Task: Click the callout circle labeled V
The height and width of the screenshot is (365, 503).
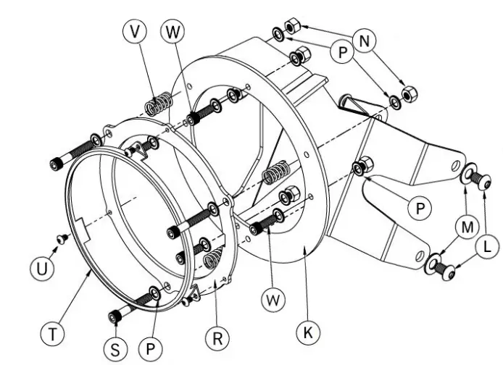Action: (x=135, y=31)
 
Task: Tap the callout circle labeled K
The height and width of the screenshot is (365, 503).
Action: (x=308, y=332)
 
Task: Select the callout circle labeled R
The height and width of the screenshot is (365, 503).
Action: (x=217, y=337)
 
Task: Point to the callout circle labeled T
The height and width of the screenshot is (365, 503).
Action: (x=53, y=334)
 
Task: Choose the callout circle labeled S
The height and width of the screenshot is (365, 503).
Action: (x=115, y=349)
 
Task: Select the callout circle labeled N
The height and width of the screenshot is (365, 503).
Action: (x=365, y=41)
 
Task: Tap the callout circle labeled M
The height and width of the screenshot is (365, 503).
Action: (x=467, y=227)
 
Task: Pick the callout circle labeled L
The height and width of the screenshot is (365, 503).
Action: (x=487, y=247)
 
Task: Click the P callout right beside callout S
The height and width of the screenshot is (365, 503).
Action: (x=151, y=348)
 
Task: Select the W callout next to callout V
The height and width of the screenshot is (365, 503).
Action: (x=172, y=31)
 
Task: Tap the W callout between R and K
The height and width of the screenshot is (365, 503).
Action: (x=273, y=300)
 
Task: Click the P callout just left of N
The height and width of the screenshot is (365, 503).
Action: (x=342, y=51)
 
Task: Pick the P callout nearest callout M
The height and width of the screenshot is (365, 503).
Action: (x=420, y=209)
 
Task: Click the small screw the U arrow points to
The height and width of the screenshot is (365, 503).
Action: (x=62, y=238)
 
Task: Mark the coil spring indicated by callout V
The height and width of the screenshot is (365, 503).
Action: (x=159, y=103)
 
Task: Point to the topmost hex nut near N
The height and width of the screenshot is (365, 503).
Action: (x=292, y=26)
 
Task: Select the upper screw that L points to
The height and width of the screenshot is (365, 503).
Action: (x=480, y=180)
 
